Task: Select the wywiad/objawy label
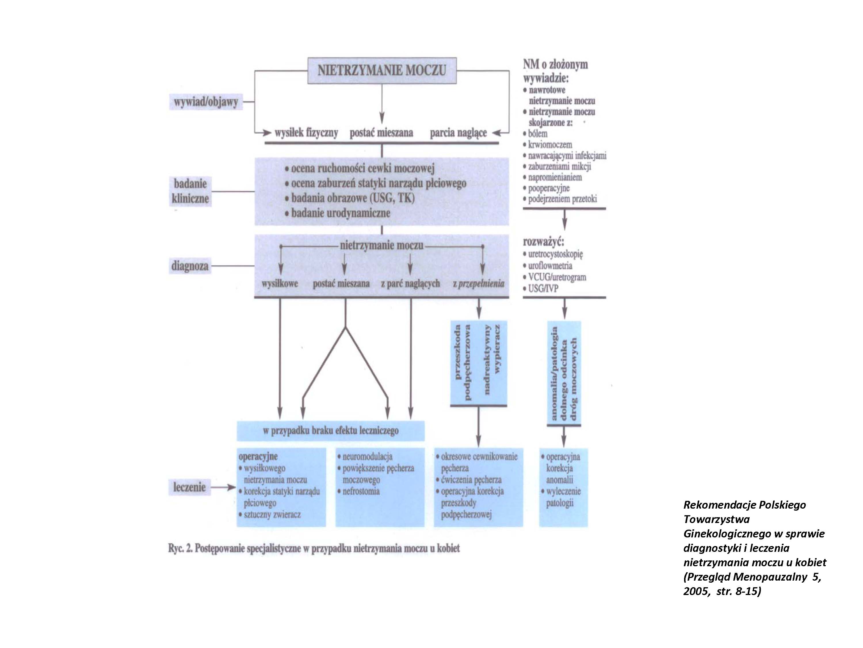pos(206,102)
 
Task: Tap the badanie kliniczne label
pos(190,192)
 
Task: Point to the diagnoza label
pos(190,266)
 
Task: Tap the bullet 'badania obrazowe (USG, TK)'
pos(352,198)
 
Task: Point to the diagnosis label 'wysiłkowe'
pos(280,284)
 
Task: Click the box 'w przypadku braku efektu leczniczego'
pos(331,431)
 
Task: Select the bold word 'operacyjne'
pos(258,456)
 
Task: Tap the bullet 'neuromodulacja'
pos(367,456)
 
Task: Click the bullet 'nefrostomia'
pos(361,491)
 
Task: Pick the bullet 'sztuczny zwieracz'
pos(272,514)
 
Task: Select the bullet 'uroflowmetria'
pos(550,266)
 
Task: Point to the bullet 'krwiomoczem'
pos(550,145)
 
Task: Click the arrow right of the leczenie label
pos(226,488)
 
